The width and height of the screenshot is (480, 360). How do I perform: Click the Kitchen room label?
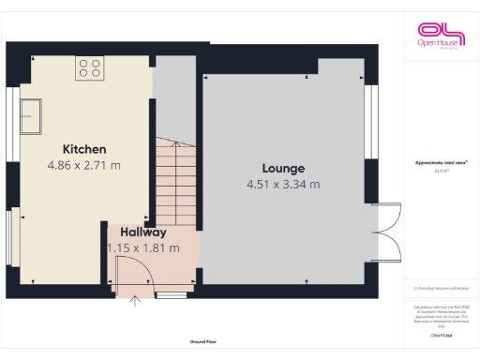84,149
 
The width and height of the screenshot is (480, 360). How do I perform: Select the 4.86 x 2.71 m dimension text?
84,165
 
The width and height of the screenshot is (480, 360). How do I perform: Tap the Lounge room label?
283,169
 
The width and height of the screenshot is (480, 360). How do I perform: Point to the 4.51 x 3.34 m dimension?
283,185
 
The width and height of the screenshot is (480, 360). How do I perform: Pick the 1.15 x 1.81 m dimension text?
142,248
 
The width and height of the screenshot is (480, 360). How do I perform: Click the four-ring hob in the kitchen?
90,67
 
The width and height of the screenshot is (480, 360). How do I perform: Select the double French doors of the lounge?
386,232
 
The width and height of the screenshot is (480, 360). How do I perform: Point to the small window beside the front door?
171,294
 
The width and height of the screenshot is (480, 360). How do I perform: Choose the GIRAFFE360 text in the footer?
440,335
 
